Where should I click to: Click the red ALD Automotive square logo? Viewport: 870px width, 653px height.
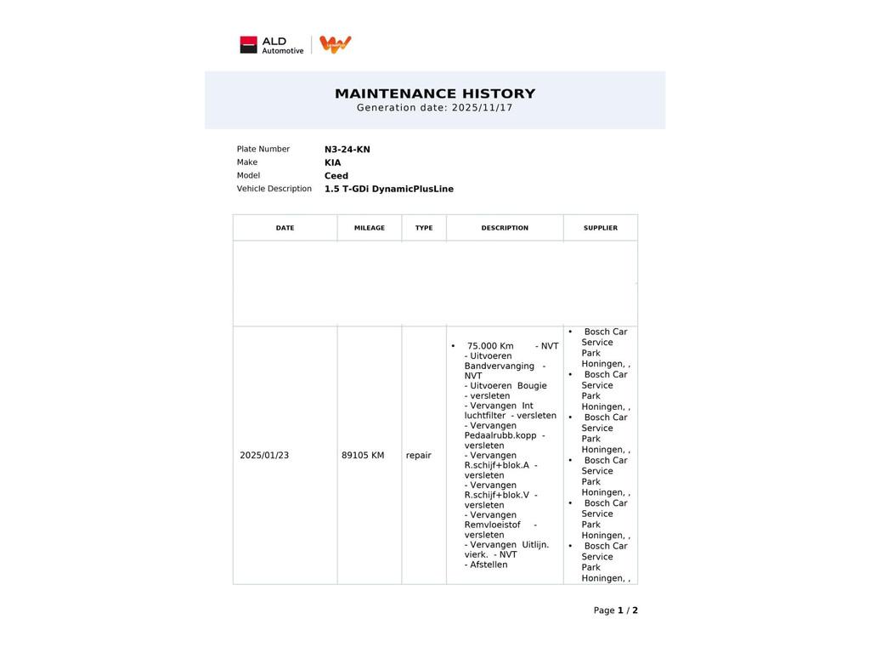(248, 45)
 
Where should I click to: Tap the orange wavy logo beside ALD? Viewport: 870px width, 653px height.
(336, 44)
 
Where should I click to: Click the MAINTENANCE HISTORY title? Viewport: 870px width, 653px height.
(435, 94)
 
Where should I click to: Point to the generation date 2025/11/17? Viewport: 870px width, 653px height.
(482, 108)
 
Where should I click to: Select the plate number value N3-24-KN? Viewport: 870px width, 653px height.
(347, 150)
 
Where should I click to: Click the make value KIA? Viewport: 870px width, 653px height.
(332, 162)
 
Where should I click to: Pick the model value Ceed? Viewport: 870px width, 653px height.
(336, 176)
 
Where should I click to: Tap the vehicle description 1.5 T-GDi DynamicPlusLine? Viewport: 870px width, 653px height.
(388, 189)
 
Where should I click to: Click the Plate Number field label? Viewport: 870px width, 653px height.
(263, 149)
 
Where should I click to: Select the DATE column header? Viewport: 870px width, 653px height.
(285, 228)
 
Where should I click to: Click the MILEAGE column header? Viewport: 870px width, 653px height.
(370, 228)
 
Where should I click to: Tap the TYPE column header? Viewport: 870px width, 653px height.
(424, 228)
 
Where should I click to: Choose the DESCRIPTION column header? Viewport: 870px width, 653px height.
(505, 228)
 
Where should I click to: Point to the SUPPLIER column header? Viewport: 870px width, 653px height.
(601, 228)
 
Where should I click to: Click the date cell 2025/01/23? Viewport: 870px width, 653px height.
(264, 456)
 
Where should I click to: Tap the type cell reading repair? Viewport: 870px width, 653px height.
(419, 456)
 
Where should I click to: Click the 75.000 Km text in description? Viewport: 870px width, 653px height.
(490, 346)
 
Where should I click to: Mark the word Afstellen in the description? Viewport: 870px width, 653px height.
(489, 565)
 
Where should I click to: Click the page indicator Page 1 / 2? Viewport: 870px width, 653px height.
(615, 610)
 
